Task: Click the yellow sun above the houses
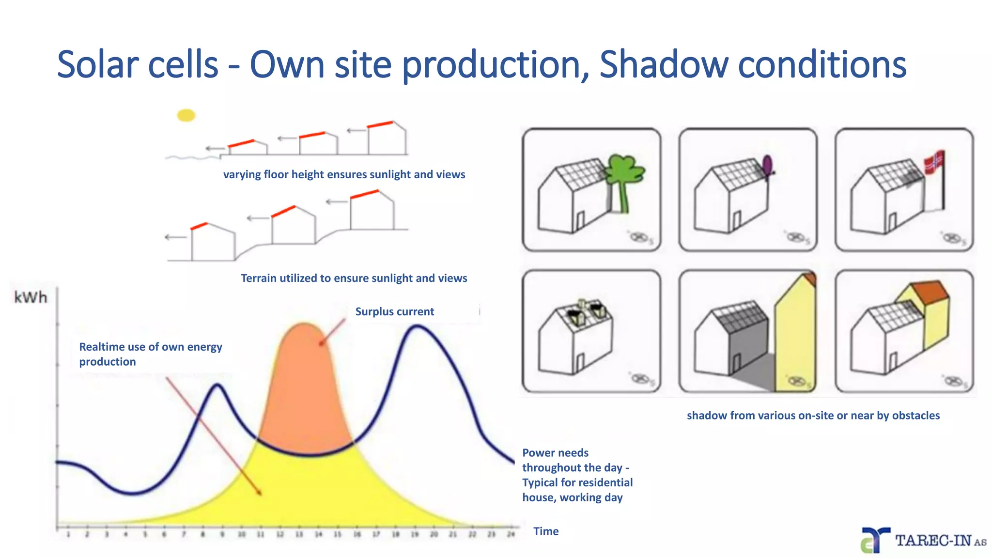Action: pyautogui.click(x=186, y=115)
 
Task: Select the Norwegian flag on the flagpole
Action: pyautogui.click(x=934, y=163)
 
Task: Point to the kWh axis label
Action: pyautogui.click(x=31, y=297)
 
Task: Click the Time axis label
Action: pyautogui.click(x=546, y=531)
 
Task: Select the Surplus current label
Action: pyautogui.click(x=394, y=311)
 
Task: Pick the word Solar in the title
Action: pyautogui.click(x=96, y=64)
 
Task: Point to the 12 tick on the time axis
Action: pyautogui.click(x=280, y=534)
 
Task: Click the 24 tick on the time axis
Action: pyautogui.click(x=511, y=534)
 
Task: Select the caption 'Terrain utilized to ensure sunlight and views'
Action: pyautogui.click(x=354, y=278)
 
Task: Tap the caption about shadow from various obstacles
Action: pyautogui.click(x=813, y=415)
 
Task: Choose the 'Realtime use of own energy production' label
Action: pyautogui.click(x=151, y=354)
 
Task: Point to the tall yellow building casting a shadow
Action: pyautogui.click(x=795, y=339)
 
